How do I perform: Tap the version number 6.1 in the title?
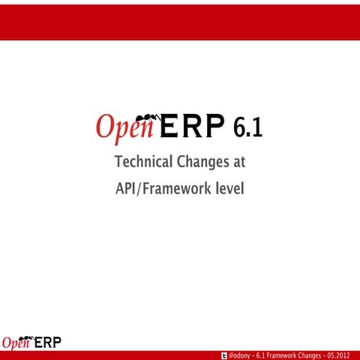(247, 128)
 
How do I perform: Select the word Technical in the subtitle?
(143, 161)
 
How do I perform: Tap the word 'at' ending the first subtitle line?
(239, 161)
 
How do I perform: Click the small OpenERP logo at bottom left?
(31, 343)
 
